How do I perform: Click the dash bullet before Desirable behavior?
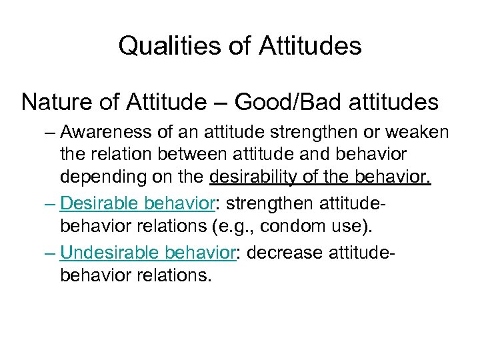(x=47, y=203)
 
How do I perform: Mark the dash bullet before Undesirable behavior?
(x=47, y=253)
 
